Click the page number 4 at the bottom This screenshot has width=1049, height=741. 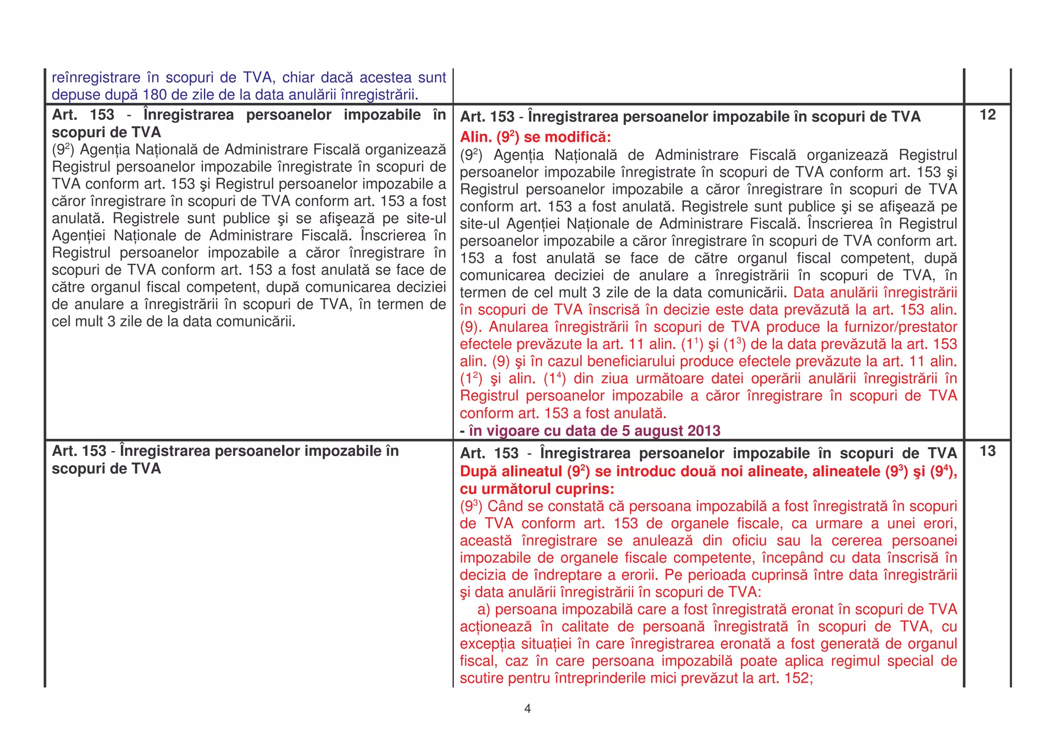coord(528,709)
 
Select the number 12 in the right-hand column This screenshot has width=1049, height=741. coord(988,115)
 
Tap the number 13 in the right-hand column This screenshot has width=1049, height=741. coord(988,451)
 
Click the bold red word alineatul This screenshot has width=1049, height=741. coord(530,472)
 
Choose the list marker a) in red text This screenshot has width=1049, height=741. coord(484,609)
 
